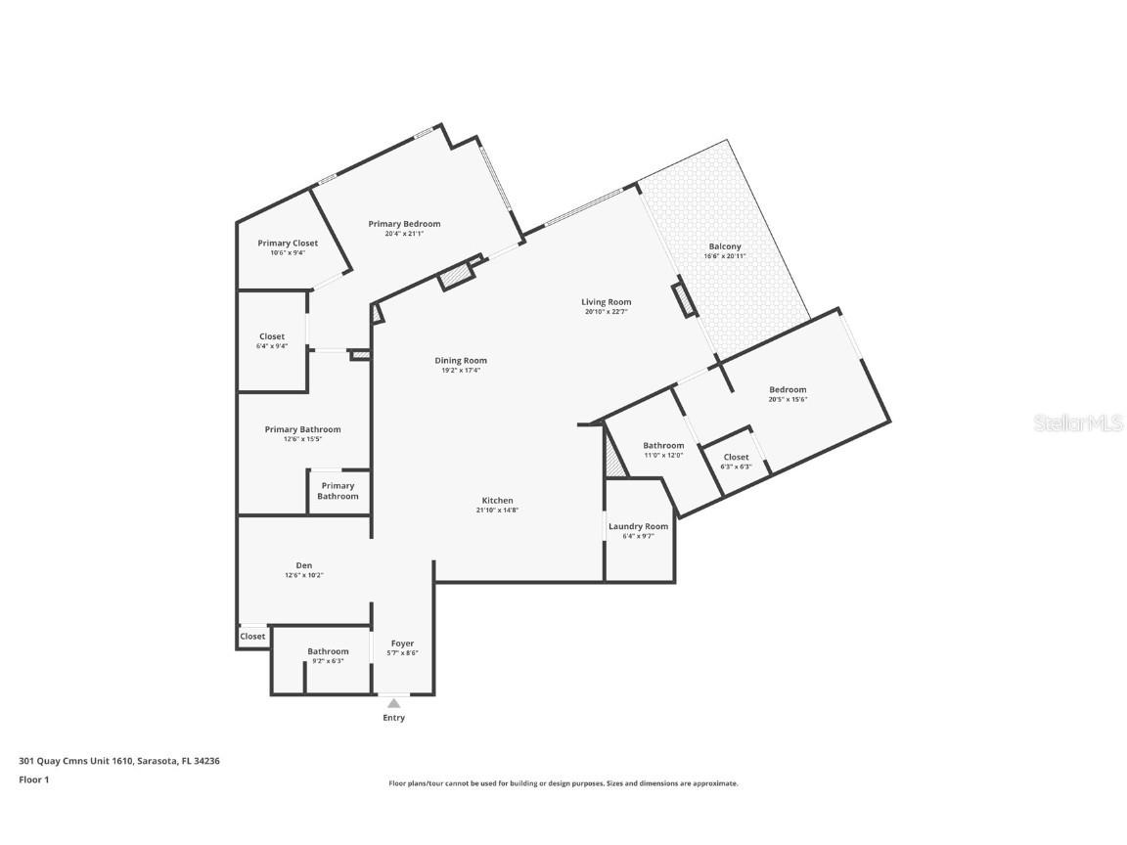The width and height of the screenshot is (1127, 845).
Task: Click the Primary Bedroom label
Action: (404, 224)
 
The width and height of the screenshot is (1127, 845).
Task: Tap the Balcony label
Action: (724, 246)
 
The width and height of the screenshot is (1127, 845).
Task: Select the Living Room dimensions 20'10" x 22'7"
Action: (607, 313)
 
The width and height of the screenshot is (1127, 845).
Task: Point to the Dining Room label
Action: (461, 361)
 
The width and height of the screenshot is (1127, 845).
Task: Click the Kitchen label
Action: (497, 501)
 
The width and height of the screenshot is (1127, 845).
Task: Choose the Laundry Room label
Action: (638, 526)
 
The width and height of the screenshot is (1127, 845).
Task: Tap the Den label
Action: (303, 565)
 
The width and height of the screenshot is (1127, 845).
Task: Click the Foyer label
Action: (402, 644)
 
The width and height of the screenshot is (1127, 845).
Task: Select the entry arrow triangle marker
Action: (393, 702)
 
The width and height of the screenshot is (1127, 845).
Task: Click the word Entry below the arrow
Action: (393, 718)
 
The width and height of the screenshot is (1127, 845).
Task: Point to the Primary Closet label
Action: (288, 244)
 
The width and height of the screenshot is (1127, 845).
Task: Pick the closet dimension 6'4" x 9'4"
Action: (272, 346)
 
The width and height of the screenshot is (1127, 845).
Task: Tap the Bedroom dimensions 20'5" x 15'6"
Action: (788, 400)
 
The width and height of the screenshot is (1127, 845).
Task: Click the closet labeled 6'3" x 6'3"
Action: (736, 462)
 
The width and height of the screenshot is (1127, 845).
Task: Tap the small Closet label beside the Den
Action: (252, 637)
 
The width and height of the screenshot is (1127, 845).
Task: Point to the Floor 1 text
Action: (33, 779)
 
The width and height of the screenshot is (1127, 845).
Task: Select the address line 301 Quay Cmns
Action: (119, 761)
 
